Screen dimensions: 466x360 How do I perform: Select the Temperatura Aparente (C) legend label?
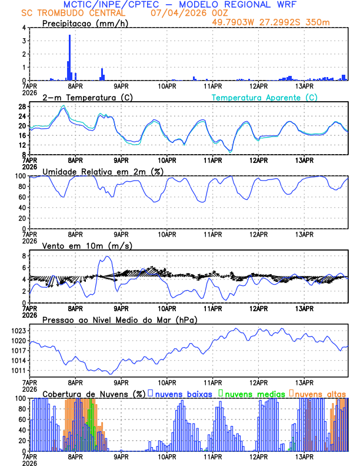[264, 97]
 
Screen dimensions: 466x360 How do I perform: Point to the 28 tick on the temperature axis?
[22, 106]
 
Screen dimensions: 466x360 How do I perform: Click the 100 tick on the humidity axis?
[20, 176]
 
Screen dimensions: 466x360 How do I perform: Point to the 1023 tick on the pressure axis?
[18, 331]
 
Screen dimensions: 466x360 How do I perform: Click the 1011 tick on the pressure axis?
[18, 371]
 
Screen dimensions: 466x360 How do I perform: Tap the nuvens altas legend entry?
[320, 393]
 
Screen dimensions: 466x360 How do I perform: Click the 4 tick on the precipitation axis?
[24, 28]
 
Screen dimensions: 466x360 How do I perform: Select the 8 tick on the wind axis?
[24, 256]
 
